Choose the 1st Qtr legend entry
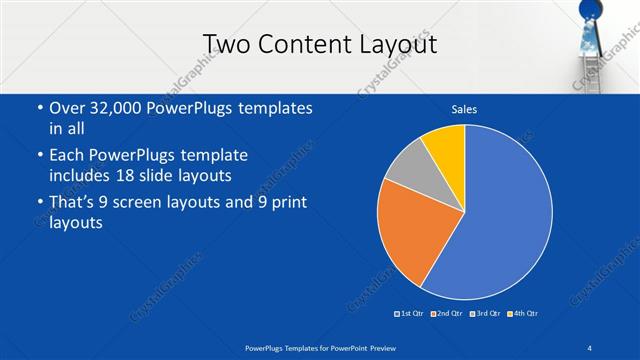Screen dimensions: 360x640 (x=409, y=313)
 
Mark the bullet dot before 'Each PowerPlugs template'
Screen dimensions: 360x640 (x=39, y=156)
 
